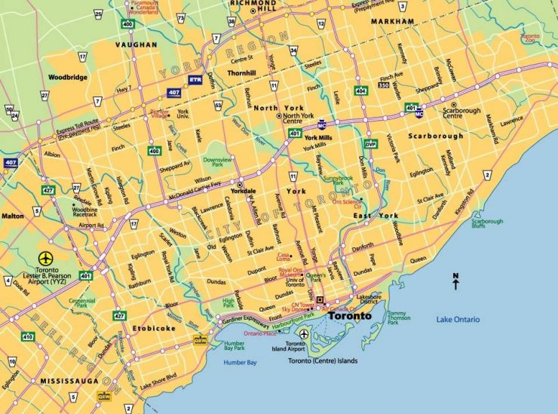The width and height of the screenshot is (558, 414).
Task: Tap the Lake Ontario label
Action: (x=458, y=320)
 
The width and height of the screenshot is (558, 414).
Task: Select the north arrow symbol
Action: (x=455, y=281)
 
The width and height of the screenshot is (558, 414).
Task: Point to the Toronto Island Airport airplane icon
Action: (x=303, y=334)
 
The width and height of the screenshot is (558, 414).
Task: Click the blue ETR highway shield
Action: (x=196, y=78)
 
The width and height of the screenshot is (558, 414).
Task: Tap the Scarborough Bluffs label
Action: (x=488, y=224)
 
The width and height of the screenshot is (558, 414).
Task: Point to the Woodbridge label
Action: (x=68, y=77)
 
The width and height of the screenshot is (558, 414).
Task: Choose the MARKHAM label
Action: (x=392, y=22)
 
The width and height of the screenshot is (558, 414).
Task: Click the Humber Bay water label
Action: (x=241, y=363)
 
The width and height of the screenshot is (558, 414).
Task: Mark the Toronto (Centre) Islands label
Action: (x=323, y=361)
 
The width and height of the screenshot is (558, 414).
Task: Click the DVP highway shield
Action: (x=370, y=143)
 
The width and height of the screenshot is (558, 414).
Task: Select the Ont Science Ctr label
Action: (x=348, y=202)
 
